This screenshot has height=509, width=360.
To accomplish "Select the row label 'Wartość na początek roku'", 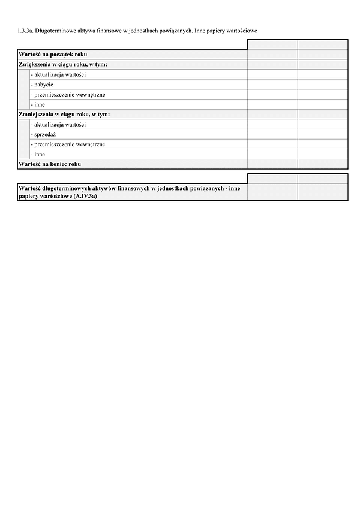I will [x=53, y=55].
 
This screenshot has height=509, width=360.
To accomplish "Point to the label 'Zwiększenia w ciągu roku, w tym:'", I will [x=63, y=65].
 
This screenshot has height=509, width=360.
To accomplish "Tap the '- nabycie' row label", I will [x=41, y=85].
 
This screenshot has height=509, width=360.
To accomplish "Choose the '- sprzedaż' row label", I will [x=43, y=134].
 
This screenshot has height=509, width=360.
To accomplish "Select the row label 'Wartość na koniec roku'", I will [x=50, y=164].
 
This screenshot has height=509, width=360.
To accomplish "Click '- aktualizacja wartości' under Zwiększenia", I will [x=58, y=74].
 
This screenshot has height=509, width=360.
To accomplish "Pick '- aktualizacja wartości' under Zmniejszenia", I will [x=58, y=124].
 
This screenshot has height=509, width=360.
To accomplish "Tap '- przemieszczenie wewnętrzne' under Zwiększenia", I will [x=68, y=95].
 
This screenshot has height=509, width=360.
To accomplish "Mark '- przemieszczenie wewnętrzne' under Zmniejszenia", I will [x=68, y=144].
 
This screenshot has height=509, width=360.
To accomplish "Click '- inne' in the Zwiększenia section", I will [x=38, y=104].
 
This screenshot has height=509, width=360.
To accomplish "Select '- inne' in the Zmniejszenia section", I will [x=38, y=154].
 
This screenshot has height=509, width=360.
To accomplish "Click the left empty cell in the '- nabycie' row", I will [x=272, y=85].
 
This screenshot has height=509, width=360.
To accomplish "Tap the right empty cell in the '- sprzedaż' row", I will [x=322, y=134].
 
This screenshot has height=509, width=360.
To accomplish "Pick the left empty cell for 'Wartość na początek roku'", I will [x=272, y=55].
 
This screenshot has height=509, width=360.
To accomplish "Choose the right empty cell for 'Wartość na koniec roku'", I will [x=322, y=164].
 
